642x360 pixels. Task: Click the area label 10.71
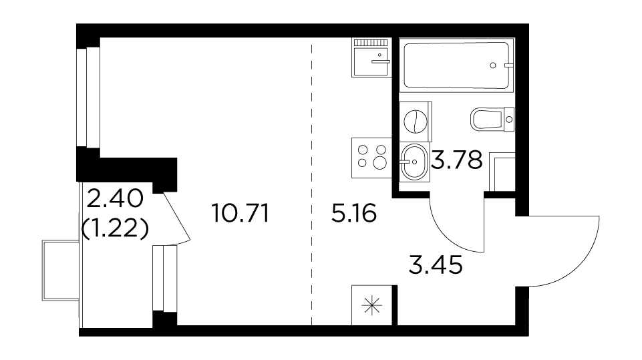pos(240,214)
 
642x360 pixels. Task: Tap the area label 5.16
pos(354,214)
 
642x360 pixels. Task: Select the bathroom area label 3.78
pos(456,160)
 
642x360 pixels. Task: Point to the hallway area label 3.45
pos(436,264)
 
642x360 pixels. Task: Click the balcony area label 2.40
pos(115,200)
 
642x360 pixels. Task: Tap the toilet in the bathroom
pos(492,119)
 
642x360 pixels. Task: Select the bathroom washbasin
pos(414,162)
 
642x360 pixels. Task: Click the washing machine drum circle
pos(415,122)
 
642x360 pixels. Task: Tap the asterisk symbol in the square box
pos(371,305)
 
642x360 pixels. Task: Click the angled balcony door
pos(177,217)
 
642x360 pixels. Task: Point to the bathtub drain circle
pos(493,65)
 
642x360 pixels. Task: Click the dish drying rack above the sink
pos(370,42)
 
